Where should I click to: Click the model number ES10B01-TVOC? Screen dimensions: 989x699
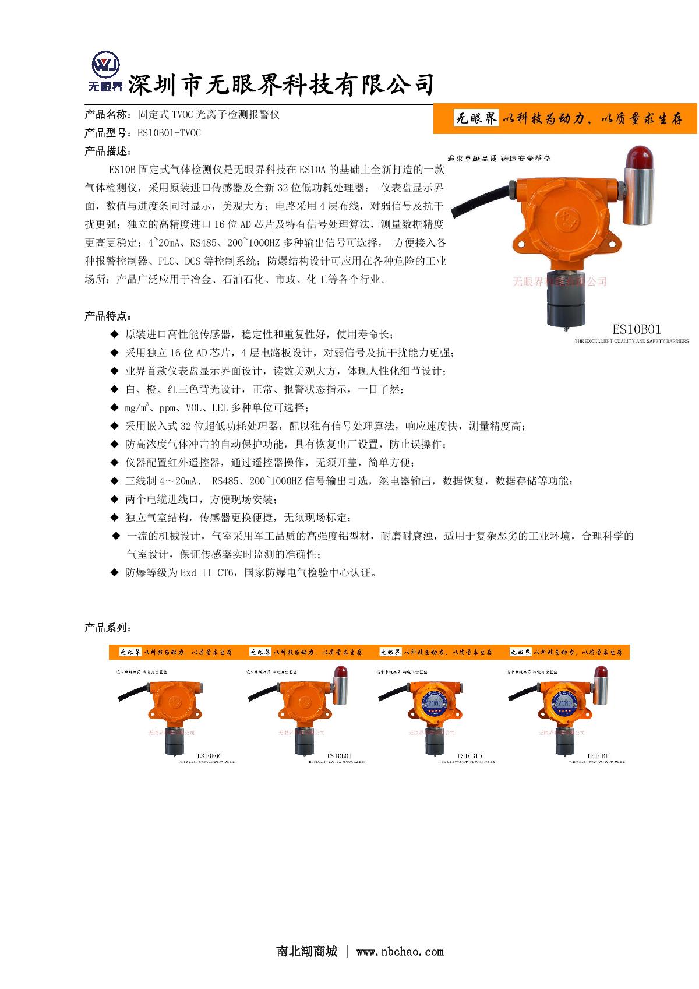169,133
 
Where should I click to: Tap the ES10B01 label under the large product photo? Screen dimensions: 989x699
636,329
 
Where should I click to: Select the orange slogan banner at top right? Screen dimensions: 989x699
565,119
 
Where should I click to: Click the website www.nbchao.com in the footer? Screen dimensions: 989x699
400,952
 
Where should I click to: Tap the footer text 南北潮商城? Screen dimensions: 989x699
307,952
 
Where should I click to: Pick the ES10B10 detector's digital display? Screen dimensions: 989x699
435,706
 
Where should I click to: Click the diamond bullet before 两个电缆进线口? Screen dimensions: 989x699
114,499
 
